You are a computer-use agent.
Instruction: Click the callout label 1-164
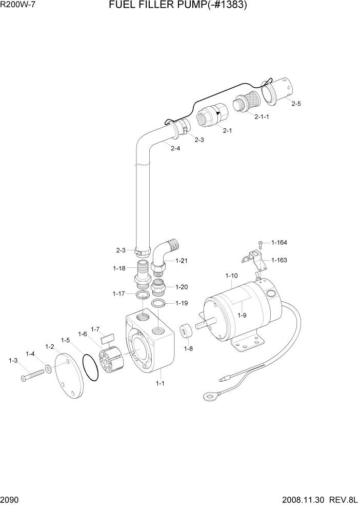[279, 242]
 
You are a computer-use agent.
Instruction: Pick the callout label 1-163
[279, 260]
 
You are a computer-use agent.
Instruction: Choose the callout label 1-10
[231, 276]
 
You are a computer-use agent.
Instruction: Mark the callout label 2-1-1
[262, 116]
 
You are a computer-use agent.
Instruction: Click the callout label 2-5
[296, 104]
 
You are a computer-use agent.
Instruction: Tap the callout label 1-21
[181, 261]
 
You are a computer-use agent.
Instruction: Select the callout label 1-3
[13, 361]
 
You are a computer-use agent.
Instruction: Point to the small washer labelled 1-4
[48, 368]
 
